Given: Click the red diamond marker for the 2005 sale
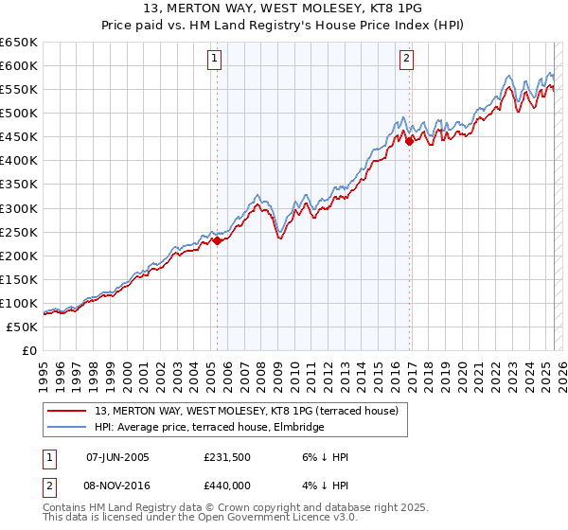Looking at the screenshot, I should [x=217, y=240].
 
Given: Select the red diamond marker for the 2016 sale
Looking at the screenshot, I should [x=410, y=141].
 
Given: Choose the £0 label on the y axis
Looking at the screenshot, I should [x=30, y=350].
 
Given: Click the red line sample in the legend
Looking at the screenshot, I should [x=68, y=411].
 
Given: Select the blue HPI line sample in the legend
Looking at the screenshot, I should [x=68, y=427].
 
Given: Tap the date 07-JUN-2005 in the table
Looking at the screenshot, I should [x=117, y=457].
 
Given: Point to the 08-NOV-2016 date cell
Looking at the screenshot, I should [x=117, y=485].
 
